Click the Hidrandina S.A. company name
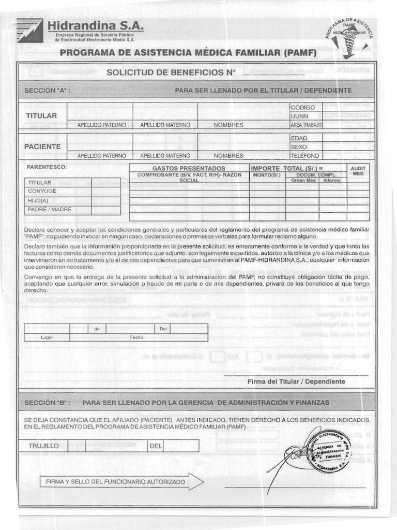click(96, 26)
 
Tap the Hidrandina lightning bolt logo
click(29, 30)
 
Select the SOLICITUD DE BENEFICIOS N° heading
click(171, 72)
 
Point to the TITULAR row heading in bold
click(41, 115)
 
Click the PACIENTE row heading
click(42, 146)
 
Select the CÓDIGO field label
click(303, 107)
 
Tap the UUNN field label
click(299, 116)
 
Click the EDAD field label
click(299, 138)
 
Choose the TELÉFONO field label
click(305, 156)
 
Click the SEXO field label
click(299, 147)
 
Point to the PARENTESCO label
click(47, 167)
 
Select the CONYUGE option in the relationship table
click(42, 192)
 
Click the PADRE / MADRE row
click(50, 210)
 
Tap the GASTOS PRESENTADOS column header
click(189, 169)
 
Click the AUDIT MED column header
click(358, 171)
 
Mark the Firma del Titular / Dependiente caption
click(296, 381)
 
